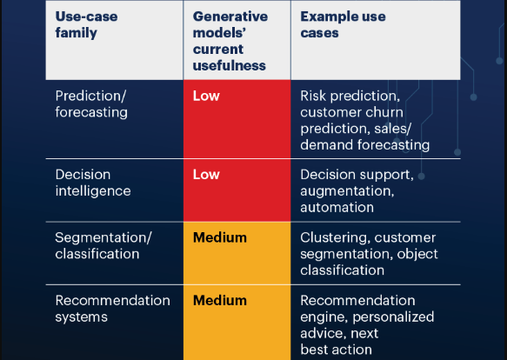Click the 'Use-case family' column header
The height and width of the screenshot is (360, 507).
tap(86, 24)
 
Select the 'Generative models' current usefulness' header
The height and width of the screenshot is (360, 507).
tap(230, 41)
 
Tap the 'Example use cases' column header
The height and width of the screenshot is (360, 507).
tap(343, 24)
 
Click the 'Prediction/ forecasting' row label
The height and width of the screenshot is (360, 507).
tap(91, 104)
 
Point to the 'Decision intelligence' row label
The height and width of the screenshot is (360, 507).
tap(93, 183)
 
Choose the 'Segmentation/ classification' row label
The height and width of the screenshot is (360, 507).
tap(103, 246)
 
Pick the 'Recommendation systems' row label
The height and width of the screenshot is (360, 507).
tap(112, 309)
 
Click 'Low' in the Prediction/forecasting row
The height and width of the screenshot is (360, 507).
tap(206, 96)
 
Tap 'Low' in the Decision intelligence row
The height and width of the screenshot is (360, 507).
tap(206, 175)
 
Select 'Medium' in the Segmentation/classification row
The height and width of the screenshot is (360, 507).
tap(220, 237)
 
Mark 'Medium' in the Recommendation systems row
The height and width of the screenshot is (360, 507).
tap(220, 301)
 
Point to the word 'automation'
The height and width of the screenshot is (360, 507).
tap(337, 207)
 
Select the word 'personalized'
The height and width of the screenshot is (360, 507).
tap(393, 317)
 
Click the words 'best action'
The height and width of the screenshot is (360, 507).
tap(336, 350)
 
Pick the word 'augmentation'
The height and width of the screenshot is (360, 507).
tap(347, 191)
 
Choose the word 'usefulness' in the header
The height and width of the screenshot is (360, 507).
tap(230, 66)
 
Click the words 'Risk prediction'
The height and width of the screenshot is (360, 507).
tap(350, 97)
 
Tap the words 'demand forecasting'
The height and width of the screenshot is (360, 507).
tap(364, 145)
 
